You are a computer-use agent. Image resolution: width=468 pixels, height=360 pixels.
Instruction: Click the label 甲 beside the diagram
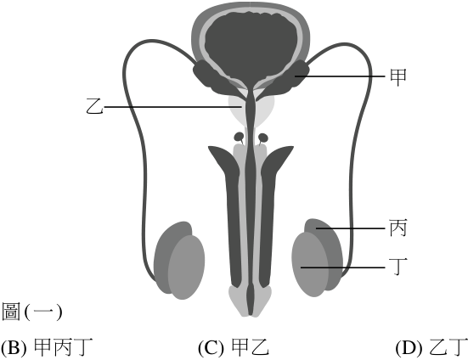click(x=398, y=77)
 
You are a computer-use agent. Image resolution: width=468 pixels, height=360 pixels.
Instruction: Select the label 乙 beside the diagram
click(x=94, y=106)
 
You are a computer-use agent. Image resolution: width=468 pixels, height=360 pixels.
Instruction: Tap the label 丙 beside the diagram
click(x=398, y=228)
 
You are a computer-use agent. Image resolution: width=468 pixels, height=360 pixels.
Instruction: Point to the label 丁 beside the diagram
click(x=398, y=267)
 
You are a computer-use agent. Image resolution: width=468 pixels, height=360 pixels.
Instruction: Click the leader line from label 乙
click(x=172, y=106)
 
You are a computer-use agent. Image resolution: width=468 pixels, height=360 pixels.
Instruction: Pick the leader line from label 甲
click(x=340, y=76)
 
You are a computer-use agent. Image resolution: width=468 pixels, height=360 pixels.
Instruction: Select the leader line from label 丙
click(x=351, y=228)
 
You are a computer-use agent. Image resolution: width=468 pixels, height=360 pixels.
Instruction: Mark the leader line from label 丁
click(x=343, y=267)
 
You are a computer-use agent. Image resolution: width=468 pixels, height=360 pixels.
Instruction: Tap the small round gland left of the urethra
click(x=239, y=137)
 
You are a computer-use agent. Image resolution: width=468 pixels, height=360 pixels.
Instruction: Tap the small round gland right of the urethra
click(x=263, y=138)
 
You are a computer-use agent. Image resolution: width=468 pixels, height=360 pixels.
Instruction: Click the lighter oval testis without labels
click(x=186, y=267)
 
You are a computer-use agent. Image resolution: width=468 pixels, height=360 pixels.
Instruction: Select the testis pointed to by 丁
click(x=310, y=264)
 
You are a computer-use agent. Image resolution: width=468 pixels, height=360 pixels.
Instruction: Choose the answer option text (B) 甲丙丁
click(x=47, y=347)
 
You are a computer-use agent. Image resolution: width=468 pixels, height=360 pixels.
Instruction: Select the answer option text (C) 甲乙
click(x=234, y=347)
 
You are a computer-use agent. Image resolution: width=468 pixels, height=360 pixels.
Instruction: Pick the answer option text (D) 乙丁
click(x=431, y=347)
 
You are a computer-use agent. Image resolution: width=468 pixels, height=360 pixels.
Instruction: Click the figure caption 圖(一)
click(x=32, y=312)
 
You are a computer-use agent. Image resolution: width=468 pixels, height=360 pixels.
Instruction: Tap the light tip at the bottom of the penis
click(x=251, y=301)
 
